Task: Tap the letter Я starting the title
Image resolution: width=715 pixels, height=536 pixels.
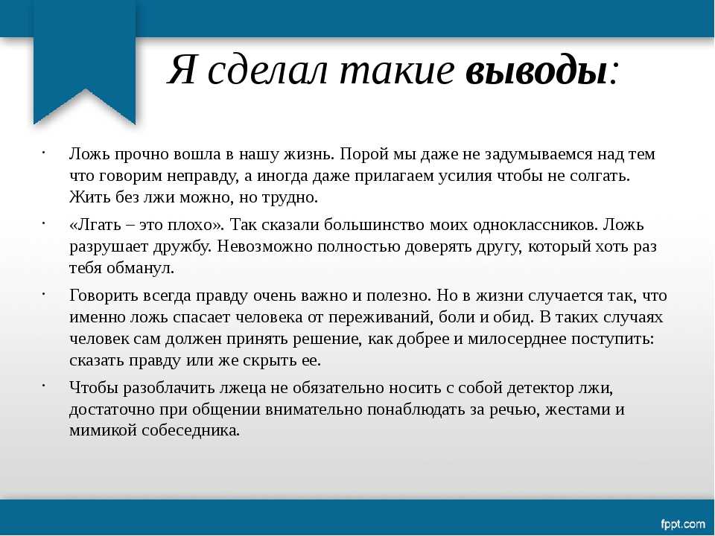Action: coord(182,71)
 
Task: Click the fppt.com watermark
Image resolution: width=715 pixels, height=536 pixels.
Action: coord(683,523)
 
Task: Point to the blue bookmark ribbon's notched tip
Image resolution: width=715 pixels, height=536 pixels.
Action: coord(85,90)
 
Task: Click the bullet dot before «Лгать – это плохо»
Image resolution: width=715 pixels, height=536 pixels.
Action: coord(43,223)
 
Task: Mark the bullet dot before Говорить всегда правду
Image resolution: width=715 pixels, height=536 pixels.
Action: coord(43,294)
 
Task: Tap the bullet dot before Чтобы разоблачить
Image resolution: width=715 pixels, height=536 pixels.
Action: coord(43,386)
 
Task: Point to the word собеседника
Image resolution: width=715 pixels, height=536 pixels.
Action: coord(191,430)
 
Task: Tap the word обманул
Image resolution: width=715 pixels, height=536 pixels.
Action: coord(141,268)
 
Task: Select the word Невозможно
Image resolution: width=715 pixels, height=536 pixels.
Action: coord(264,246)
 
